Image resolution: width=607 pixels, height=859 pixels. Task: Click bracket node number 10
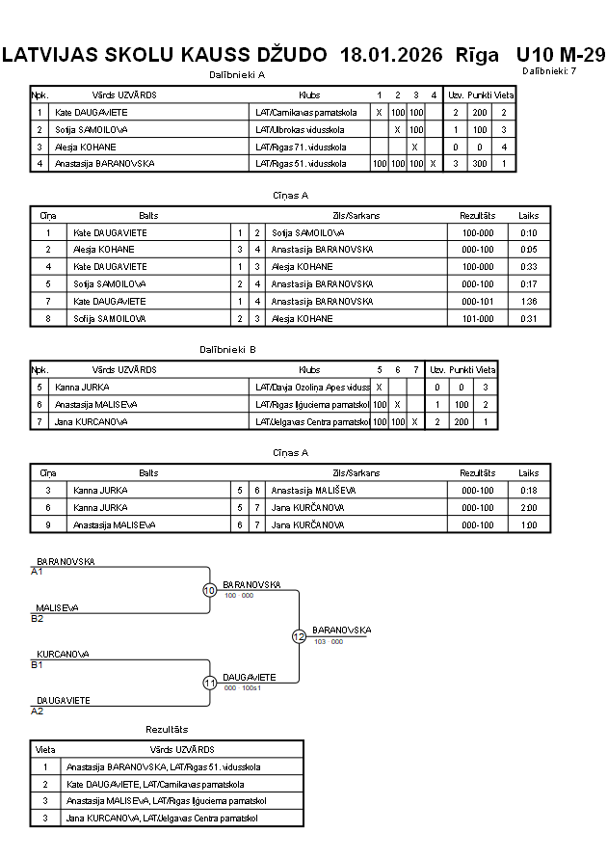(209, 590)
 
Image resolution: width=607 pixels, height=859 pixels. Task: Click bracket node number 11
(209, 683)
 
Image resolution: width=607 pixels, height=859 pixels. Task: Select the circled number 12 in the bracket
(299, 636)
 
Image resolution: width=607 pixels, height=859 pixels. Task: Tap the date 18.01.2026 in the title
(391, 55)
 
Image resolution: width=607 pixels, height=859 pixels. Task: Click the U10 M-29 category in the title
(560, 55)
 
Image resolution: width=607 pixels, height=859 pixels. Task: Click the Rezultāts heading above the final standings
(167, 730)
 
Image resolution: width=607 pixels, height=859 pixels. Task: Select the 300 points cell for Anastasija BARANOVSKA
(479, 163)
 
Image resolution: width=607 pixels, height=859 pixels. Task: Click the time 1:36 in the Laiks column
(528, 302)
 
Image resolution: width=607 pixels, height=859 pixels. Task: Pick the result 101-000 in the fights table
(478, 318)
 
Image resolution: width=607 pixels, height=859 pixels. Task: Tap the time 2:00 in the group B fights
(528, 507)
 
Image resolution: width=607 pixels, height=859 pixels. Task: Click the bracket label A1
(38, 571)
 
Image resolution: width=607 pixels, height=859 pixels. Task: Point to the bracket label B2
(38, 618)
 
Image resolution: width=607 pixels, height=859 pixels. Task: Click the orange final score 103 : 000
(328, 641)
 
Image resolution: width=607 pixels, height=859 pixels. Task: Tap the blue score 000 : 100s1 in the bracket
(243, 687)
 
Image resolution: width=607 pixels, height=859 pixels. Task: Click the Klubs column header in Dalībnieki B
(309, 369)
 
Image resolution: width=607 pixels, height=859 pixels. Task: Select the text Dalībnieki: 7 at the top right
(549, 71)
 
